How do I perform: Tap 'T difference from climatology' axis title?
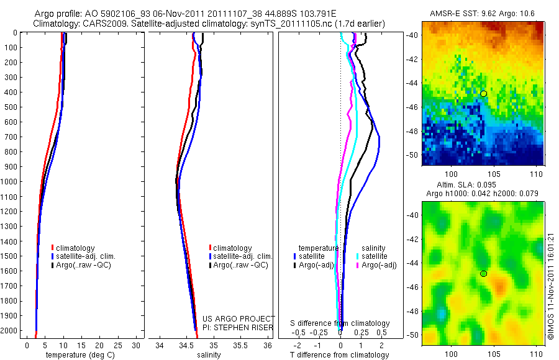click(339, 355)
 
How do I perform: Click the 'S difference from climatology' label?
click(340, 323)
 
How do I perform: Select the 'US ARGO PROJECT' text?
click(239, 318)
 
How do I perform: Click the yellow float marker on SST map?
click(483, 93)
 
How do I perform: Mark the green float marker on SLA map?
click(483, 273)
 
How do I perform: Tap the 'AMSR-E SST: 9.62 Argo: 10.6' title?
click(483, 14)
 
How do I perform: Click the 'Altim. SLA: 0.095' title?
click(483, 186)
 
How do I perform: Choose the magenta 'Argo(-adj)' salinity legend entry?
click(379, 265)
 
